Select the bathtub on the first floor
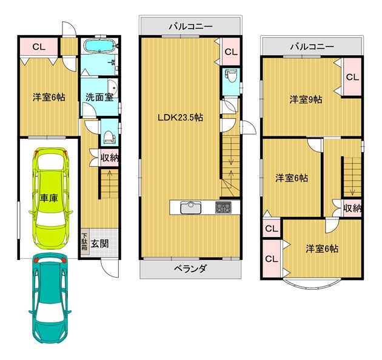99,46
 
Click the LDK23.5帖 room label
180,118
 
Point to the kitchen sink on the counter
191,208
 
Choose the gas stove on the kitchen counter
223,208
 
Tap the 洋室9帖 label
306,99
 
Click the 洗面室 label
99,98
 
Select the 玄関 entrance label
99,244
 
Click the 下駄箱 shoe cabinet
84,242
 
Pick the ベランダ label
190,268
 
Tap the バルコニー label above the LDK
191,26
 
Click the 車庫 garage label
49,198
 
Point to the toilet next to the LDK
229,76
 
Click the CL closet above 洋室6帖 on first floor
39,47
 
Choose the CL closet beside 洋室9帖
352,77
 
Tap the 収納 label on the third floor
352,208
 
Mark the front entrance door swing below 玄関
110,268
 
